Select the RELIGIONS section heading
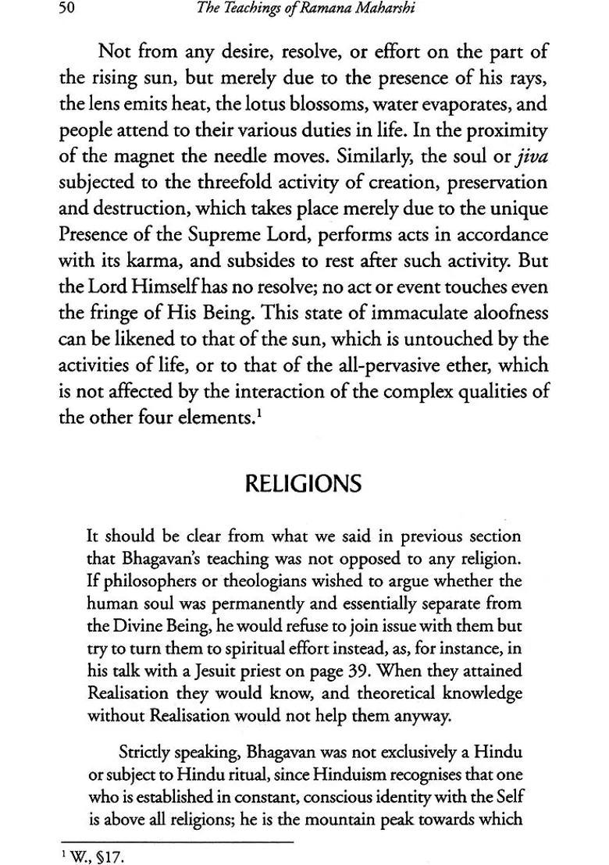pos(304,484)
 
